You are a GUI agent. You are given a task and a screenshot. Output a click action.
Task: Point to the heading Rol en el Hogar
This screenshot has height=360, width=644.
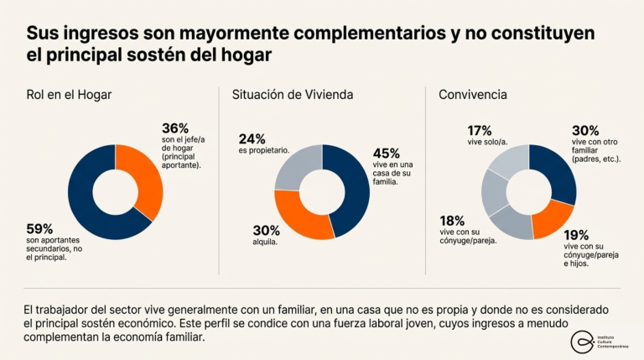click(69, 95)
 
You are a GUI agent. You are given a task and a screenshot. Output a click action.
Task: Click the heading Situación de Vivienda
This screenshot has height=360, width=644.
click(292, 95)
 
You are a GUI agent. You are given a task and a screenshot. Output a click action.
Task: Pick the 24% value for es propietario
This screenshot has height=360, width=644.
click(252, 138)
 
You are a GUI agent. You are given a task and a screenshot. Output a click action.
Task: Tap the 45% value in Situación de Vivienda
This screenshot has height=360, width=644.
click(387, 154)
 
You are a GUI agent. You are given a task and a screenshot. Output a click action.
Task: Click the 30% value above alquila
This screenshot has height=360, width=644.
click(267, 229)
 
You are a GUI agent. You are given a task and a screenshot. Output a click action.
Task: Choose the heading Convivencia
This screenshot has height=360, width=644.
click(472, 95)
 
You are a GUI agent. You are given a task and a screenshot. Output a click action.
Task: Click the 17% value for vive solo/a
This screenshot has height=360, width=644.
click(480, 130)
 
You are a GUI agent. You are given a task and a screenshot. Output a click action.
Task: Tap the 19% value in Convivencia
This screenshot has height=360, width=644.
click(577, 235)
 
